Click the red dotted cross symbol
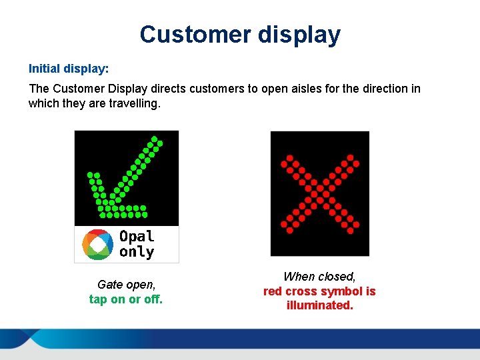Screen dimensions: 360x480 [x=320, y=193]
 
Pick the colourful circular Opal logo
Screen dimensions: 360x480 [x=97, y=244]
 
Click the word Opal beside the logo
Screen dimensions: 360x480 [x=137, y=236]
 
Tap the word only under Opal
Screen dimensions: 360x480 [x=137, y=252]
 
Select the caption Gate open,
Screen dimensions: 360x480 [x=125, y=285]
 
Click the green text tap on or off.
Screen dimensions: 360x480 [x=125, y=299]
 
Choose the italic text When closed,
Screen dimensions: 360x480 [x=319, y=277]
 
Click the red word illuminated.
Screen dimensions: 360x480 [x=319, y=306]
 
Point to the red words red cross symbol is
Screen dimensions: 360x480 [x=319, y=291]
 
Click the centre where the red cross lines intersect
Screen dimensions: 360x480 [x=320, y=193]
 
